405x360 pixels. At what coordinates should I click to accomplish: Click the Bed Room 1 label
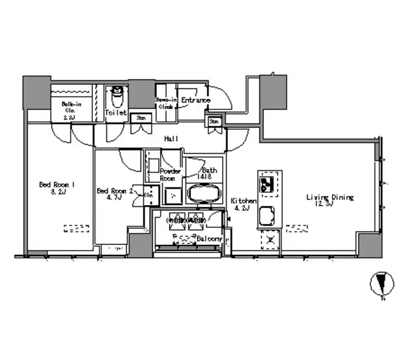click(x=57, y=185)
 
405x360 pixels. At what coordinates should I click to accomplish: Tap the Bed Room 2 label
click(x=114, y=190)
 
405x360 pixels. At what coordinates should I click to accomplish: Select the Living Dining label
click(x=330, y=197)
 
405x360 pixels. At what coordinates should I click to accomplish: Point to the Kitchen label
click(x=243, y=201)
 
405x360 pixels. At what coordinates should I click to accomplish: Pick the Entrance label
click(x=196, y=100)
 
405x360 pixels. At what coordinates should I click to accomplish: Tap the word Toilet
click(x=116, y=113)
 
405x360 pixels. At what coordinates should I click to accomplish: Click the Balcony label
click(x=208, y=239)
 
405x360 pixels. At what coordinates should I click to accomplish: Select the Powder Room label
click(x=170, y=174)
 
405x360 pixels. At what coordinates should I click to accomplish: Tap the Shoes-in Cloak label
click(x=165, y=103)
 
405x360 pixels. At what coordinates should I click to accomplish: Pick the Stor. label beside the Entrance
click(x=214, y=120)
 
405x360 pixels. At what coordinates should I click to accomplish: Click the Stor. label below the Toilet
click(x=141, y=117)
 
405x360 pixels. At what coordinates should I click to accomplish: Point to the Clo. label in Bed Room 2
click(x=148, y=196)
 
